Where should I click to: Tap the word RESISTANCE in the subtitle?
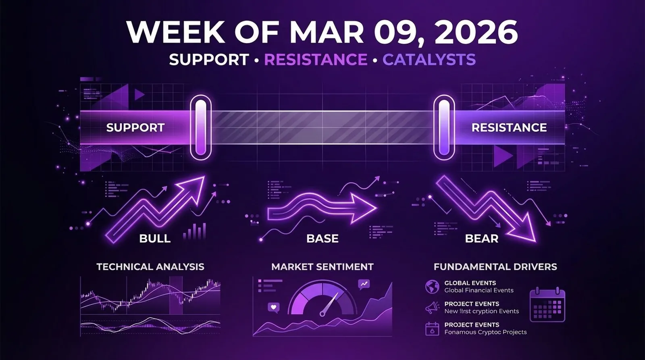coord(316,60)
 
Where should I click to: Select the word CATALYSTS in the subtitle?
coord(429,60)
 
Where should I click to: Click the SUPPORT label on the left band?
coord(135,127)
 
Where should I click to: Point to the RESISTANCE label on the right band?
coord(509,127)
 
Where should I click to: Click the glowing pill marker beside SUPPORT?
coord(200,127)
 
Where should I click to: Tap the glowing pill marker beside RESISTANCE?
coord(444,127)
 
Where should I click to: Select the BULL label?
coord(155,238)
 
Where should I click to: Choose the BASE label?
coord(322,238)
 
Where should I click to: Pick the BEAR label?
coord(482,238)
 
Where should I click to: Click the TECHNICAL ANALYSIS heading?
coord(150,266)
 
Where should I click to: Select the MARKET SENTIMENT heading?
coord(322,266)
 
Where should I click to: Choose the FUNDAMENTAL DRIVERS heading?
coord(495,266)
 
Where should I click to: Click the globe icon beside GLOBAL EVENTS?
coord(432,287)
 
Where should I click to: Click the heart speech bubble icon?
coord(274,308)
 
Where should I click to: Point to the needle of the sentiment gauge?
coord(329,304)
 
